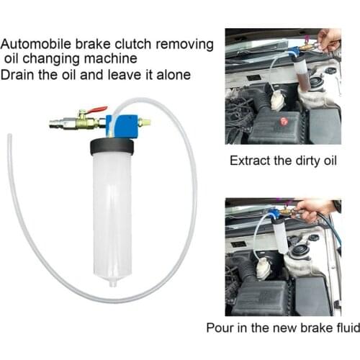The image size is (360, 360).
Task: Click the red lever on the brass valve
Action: click(97, 110)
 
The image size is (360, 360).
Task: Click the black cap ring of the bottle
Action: click(112, 146)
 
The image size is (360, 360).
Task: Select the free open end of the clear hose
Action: click(8, 135)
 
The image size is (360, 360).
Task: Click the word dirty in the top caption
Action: click(306, 161)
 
